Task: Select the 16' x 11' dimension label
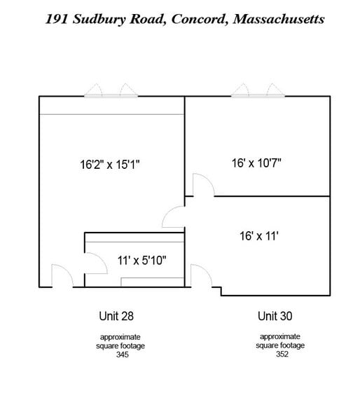[259, 236]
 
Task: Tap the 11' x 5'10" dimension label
[142, 261]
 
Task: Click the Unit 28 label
[116, 315]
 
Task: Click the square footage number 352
[275, 354]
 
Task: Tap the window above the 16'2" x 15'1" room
[111, 92]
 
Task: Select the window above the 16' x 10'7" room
[258, 92]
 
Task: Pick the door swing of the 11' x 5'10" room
[93, 263]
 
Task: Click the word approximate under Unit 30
[275, 336]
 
